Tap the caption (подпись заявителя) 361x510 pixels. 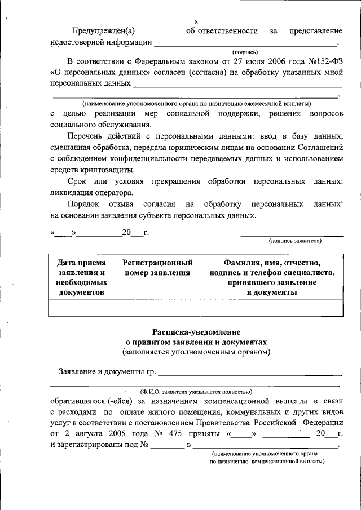tap(295, 241)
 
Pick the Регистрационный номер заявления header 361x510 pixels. tap(157, 268)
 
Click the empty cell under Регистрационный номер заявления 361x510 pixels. tap(157, 308)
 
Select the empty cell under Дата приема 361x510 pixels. tap(81, 308)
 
